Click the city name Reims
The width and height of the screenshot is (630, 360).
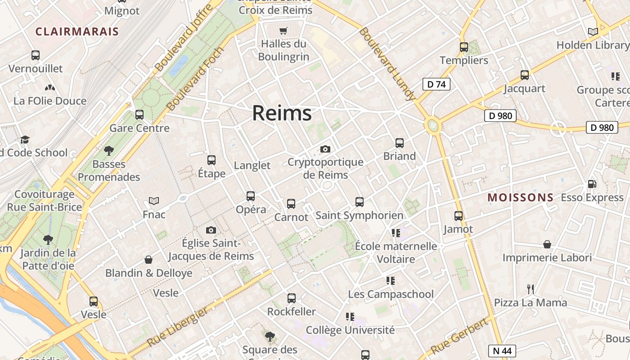tap(282, 113)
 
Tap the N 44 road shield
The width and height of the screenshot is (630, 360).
tap(502, 351)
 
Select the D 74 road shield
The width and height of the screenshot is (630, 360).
tap(436, 84)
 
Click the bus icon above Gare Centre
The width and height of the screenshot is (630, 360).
tap(139, 115)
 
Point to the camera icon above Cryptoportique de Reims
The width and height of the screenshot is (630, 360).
tap(325, 149)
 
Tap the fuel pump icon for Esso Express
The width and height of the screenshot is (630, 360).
tap(592, 184)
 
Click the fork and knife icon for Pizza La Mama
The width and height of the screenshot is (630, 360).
tap(531, 289)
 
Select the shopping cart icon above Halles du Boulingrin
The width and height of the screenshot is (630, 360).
tap(283, 31)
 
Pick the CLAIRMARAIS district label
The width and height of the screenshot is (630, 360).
tap(77, 31)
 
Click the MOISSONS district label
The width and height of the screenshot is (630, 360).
tap(521, 198)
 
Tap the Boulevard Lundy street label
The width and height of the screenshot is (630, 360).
tap(387, 64)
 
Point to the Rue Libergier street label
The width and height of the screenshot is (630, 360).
tap(178, 327)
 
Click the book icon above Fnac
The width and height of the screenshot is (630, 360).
tap(154, 201)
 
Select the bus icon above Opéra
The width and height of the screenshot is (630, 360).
tap(251, 196)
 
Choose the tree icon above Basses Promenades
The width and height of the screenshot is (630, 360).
tap(108, 151)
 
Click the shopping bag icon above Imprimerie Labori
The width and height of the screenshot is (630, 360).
tap(547, 244)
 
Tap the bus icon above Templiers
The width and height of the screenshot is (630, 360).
tap(464, 47)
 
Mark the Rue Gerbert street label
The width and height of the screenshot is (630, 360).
tap(459, 336)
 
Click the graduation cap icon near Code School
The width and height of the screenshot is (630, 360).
tap(25, 139)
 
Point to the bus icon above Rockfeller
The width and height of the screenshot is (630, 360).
tap(292, 298)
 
